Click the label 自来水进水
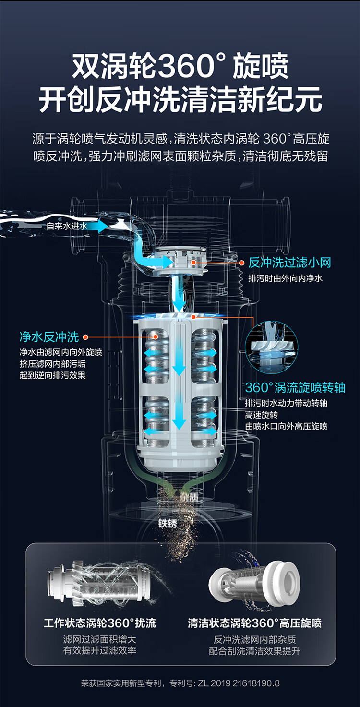[67, 226]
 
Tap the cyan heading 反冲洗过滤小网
[289, 263]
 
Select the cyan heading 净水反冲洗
[49, 337]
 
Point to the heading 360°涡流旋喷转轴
[295, 388]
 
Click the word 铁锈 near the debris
[168, 523]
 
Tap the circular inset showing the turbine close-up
[272, 347]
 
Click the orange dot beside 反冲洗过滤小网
[242, 263]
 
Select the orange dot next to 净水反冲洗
[85, 337]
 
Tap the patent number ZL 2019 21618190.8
[239, 683]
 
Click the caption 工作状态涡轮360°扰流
[100, 623]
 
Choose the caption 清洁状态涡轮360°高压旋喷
[254, 623]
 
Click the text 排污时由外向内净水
[285, 278]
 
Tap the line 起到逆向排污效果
[52, 375]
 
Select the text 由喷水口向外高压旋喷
[286, 426]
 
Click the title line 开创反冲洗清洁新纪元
[180, 100]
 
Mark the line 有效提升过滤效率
[100, 650]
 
